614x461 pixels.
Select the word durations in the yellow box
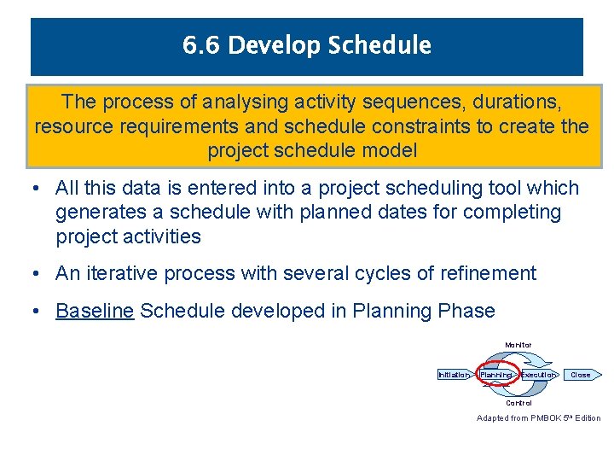[512, 102]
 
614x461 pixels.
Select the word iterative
[124, 273]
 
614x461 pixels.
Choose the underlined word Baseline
[95, 311]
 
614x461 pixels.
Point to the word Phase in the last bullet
[466, 311]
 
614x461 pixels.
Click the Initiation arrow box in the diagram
[454, 375]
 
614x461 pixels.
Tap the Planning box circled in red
[495, 375]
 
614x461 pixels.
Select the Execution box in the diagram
[538, 375]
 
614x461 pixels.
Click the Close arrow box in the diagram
[581, 375]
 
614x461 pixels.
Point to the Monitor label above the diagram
[518, 345]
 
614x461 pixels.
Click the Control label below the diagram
[518, 403]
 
